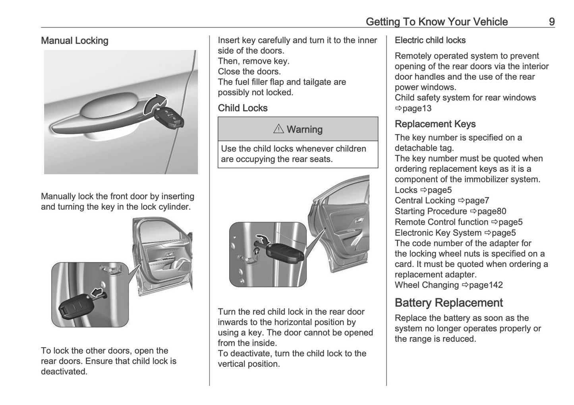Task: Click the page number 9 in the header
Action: (x=551, y=21)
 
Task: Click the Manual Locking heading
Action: (x=75, y=41)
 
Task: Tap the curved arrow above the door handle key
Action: (x=156, y=104)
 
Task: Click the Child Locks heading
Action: (x=242, y=108)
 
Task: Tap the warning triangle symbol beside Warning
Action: (x=278, y=129)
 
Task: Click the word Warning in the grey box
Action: (x=304, y=129)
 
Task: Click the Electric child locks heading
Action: (x=430, y=40)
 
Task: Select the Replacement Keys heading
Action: (x=435, y=124)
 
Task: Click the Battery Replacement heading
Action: (x=448, y=303)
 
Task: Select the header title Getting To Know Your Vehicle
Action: (x=437, y=21)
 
